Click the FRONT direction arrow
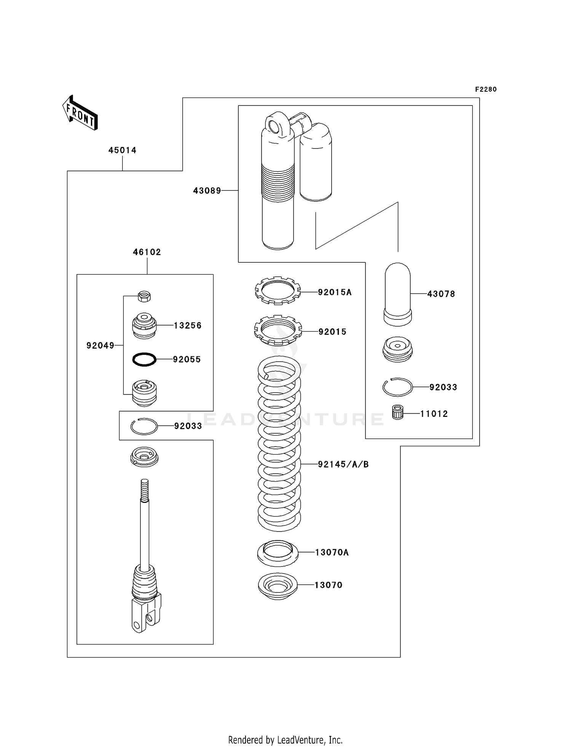point(80,113)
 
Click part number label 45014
point(122,150)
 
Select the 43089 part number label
point(207,191)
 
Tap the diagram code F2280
point(486,89)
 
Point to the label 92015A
point(335,292)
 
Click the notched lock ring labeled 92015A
point(278,290)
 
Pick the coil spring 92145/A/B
point(279,444)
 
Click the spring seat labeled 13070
point(278,586)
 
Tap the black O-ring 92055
point(144,359)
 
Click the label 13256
point(188,326)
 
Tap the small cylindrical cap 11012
point(397,413)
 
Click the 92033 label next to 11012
point(443,387)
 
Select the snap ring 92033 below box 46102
point(144,426)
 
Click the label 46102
point(147,252)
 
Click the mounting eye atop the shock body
point(274,125)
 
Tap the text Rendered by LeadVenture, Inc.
point(285,740)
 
